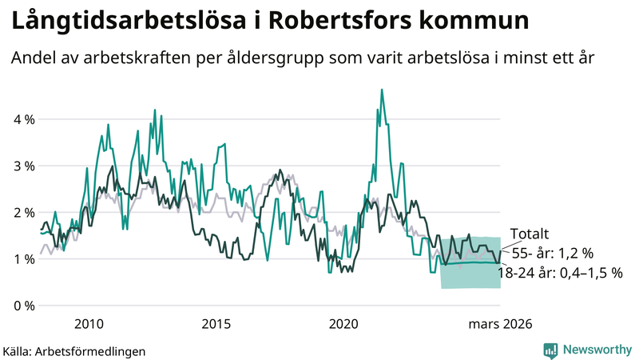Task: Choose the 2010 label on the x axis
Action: (89, 324)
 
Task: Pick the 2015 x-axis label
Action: (216, 324)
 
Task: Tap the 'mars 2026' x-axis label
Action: (500, 324)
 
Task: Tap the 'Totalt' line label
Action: (530, 234)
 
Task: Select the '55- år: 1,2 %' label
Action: (553, 254)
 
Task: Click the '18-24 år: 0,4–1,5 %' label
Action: (559, 273)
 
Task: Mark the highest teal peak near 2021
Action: (382, 90)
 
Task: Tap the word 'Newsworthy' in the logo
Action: (596, 350)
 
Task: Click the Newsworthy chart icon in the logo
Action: (550, 350)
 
